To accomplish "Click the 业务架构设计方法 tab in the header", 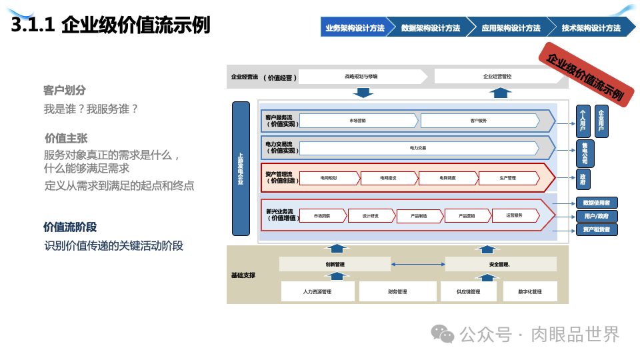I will click(354, 28).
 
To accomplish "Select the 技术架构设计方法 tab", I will click(591, 28).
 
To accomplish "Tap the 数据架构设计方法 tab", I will click(431, 28).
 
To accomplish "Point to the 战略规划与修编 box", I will click(361, 77).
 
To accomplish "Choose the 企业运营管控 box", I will click(497, 77).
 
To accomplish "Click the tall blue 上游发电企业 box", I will click(241, 169).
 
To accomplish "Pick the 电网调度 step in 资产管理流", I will click(447, 178).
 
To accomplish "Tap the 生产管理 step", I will click(507, 178).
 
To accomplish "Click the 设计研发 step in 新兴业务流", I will click(371, 215).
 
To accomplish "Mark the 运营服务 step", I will click(514, 215).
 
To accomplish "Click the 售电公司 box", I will click(584, 153).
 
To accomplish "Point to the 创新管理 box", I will click(335, 265).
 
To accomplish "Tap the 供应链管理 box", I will click(468, 292).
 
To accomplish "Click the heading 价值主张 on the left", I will click(66, 138).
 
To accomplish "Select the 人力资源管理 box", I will click(317, 292).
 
